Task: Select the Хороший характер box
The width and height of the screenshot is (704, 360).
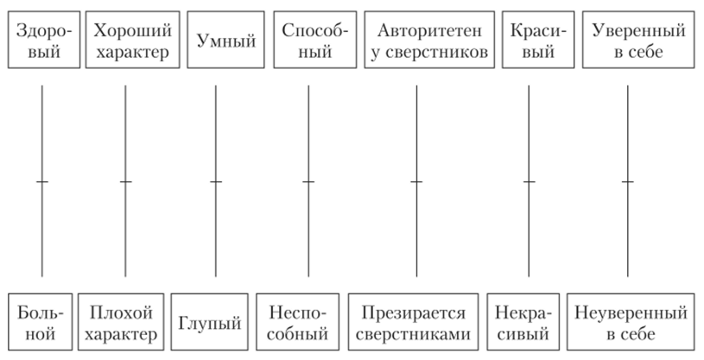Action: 125,41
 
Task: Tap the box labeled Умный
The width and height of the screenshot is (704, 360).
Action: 217,41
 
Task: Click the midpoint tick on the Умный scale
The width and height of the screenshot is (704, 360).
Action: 216,182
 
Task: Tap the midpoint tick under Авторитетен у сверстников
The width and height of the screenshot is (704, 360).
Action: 417,182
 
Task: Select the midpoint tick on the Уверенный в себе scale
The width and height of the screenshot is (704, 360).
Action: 628,182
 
